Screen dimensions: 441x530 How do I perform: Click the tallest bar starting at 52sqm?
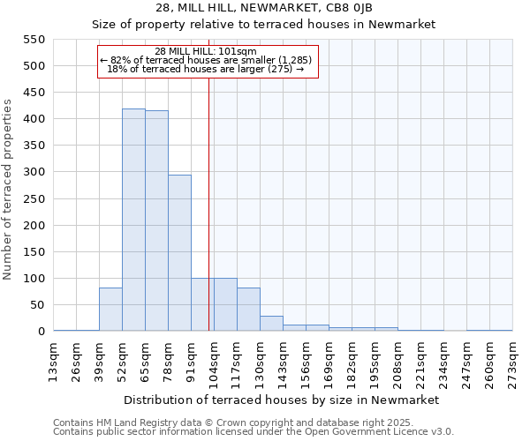coord(133,220)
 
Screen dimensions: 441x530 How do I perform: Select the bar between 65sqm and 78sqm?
coord(156,221)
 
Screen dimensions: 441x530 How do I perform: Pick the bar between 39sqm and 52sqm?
coord(110,310)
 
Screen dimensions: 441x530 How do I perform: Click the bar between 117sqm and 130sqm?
coord(248,310)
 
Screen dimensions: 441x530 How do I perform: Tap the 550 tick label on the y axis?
coord(33,40)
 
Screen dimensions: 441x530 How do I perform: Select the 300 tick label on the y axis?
coord(33,172)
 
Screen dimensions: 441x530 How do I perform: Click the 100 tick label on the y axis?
coord(33,279)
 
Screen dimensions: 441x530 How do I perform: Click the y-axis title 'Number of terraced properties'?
coord(8,190)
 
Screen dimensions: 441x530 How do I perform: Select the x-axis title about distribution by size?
coord(283,400)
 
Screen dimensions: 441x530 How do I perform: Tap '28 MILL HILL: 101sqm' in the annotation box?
coord(205,51)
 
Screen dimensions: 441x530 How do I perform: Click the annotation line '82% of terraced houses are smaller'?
coord(207,60)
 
